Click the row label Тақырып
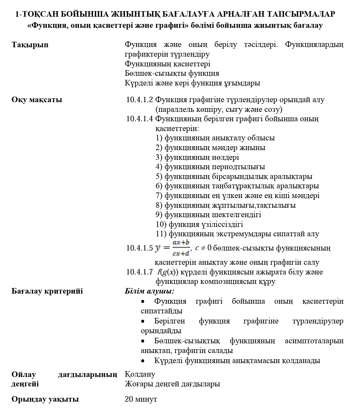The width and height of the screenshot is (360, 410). pos(30,45)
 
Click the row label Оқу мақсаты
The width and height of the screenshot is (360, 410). pos(37,100)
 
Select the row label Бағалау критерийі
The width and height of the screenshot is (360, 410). pos(47,291)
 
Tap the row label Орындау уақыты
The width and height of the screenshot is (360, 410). pos(45,399)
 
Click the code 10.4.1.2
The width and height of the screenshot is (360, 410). pos(140,100)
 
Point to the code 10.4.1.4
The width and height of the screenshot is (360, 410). pos(140,119)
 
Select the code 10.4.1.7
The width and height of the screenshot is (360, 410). pos(140,272)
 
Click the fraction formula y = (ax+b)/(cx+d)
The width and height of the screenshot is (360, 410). pos(173,248)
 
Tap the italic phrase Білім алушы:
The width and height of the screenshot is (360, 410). pos(149,291)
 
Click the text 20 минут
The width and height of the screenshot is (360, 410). pos(141,399)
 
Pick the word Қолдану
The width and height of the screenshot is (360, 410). pos(140,374)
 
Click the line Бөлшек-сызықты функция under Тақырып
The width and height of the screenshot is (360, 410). pos(172,73)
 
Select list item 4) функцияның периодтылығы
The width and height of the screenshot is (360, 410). pos(210,167)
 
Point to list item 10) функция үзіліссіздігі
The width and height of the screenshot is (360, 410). pos(199,224)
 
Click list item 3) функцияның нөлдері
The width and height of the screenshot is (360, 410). pos(197,157)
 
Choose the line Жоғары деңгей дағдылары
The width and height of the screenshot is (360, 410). pos(172,384)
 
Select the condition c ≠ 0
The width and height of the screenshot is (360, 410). pos(203,248)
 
